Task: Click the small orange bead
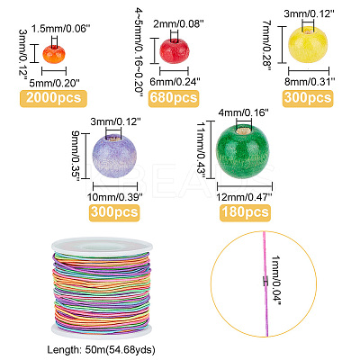tap(54, 54)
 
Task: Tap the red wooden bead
tap(174, 50)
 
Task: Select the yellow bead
tap(308, 44)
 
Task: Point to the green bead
tap(243, 151)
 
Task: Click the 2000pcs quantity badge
tap(53, 98)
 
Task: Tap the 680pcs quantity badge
tap(174, 98)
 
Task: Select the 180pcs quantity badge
tap(245, 212)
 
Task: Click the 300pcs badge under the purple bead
tap(114, 212)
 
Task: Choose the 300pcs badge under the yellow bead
tap(308, 98)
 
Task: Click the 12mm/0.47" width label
tap(245, 197)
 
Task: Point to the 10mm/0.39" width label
tap(115, 197)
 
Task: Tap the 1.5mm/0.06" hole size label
tap(61, 29)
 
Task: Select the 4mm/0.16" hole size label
tap(243, 112)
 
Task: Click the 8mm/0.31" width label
tap(310, 82)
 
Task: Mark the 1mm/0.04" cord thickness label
tap(275, 281)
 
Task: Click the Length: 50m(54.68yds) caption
tap(101, 350)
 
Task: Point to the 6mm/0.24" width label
tap(175, 82)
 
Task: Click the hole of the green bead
tap(244, 130)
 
